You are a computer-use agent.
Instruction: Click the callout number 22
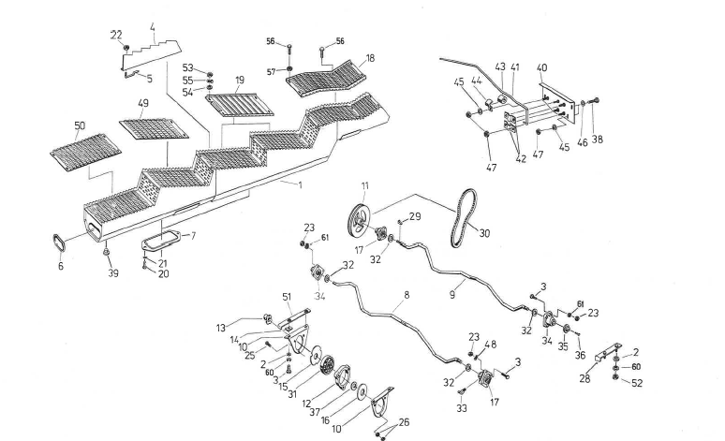coord(116,35)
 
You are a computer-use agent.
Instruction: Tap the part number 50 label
coord(79,125)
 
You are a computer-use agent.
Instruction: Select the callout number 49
coord(143,105)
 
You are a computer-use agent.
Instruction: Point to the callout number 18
coord(370,59)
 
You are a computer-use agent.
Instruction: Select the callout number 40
coord(541,68)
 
